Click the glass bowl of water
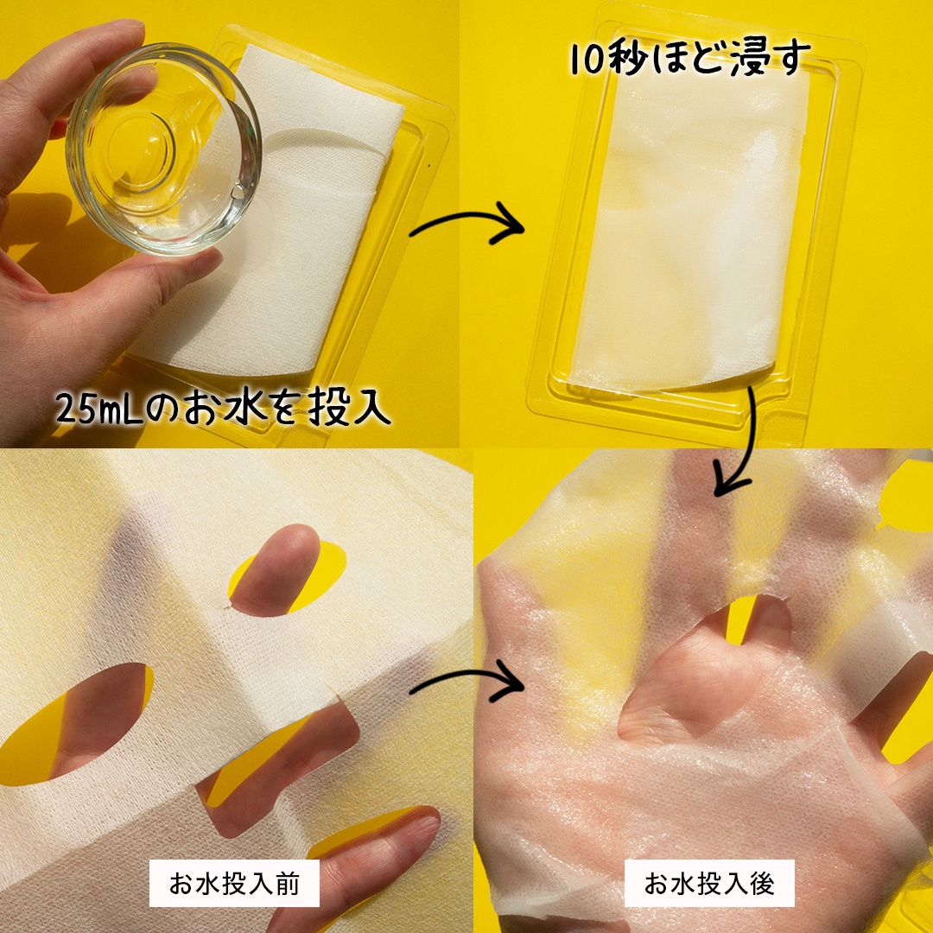tap(163, 149)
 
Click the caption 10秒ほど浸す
tap(690, 59)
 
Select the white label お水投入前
tap(234, 883)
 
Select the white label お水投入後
tap(709, 883)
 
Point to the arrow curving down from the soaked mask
tap(741, 443)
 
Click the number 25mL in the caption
tap(99, 408)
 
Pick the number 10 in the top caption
tap(586, 60)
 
